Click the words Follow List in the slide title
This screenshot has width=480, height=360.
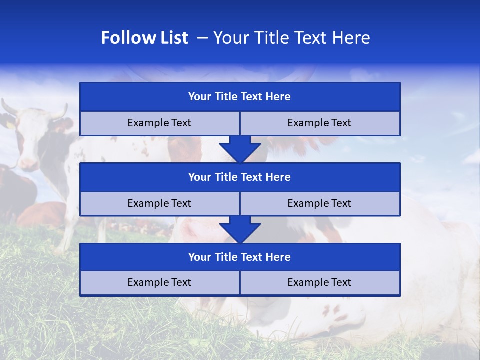pos(145,38)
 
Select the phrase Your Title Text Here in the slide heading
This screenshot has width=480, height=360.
pos(292,38)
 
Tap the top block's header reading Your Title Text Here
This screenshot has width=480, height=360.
pos(239,97)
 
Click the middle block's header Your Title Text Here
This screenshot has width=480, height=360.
pos(239,177)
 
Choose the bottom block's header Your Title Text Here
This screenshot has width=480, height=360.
pos(239,257)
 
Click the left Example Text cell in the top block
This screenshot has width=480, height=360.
pos(159,123)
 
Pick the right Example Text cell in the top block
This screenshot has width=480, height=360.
pos(319,123)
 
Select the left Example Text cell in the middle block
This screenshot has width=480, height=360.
pos(159,203)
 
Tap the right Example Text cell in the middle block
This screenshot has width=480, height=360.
pos(319,203)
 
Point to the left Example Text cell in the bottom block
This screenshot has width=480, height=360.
pos(159,282)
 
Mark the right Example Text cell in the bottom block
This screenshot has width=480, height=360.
pos(319,282)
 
